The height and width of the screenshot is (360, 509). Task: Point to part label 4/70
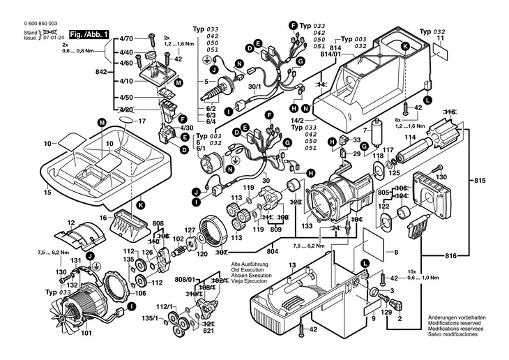click(x=126, y=39)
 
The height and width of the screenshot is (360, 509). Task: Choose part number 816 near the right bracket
click(x=451, y=256)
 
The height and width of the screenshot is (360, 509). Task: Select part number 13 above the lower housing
click(x=292, y=265)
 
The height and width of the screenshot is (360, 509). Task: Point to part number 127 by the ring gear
click(x=190, y=230)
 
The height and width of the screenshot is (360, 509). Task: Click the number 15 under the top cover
click(x=47, y=192)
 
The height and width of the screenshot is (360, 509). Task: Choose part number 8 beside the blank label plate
click(x=396, y=252)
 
